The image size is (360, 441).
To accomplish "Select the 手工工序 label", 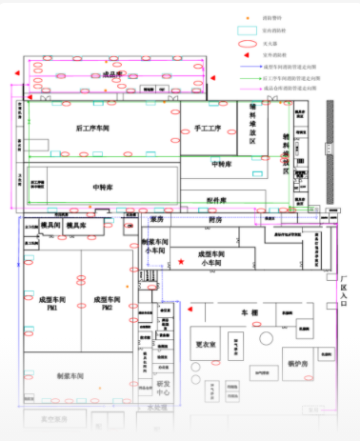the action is (x=208, y=127).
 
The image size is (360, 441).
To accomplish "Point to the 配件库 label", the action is (x=216, y=201).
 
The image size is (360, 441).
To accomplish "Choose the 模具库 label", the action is (x=77, y=225).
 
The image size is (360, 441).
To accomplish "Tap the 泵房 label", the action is (x=158, y=218).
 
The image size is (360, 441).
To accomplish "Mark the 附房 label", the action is (x=216, y=218).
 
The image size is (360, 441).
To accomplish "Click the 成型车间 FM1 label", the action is (x=50, y=304).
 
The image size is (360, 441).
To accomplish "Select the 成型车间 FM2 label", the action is (x=105, y=304).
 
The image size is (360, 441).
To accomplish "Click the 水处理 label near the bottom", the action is (x=157, y=408).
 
